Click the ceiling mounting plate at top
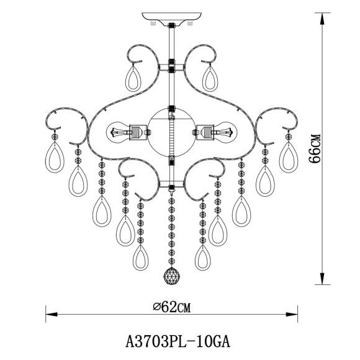coord(171,19)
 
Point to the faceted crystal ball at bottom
coord(171,277)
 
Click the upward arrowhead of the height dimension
coord(322,19)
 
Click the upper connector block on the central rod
coord(171,65)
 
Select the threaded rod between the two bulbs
coord(171,140)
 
